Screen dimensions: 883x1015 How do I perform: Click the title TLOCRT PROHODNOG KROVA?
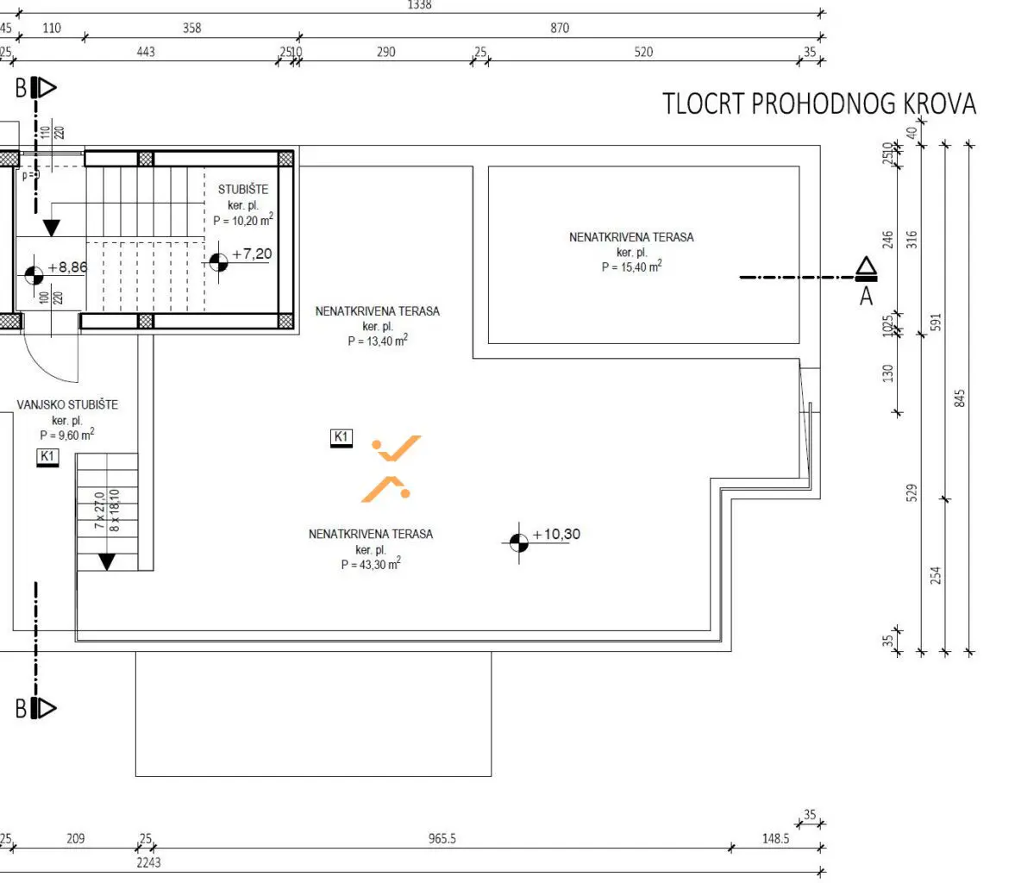click(x=818, y=103)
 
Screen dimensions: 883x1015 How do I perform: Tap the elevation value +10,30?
click(x=556, y=535)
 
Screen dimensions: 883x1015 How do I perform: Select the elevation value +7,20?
click(x=252, y=254)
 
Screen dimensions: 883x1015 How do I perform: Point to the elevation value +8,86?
click(x=67, y=268)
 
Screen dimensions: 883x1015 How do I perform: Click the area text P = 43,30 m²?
click(x=371, y=565)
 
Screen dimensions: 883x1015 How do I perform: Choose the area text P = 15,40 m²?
click(x=631, y=267)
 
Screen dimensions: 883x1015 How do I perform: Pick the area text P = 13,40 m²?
click(x=377, y=341)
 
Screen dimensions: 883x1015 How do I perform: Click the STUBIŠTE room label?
click(x=242, y=190)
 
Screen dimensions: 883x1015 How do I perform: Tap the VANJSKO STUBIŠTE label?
click(x=67, y=405)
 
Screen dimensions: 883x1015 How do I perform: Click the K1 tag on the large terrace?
click(x=341, y=438)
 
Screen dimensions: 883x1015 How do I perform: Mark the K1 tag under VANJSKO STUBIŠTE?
click(x=47, y=456)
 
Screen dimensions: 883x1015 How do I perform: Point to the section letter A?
click(x=867, y=297)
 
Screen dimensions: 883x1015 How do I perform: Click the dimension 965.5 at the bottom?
click(x=442, y=838)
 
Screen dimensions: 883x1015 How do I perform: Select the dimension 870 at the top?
click(x=560, y=28)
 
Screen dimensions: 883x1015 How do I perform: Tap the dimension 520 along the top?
click(x=643, y=52)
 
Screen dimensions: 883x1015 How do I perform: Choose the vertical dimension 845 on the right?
click(x=961, y=398)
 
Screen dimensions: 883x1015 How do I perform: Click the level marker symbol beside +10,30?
click(x=518, y=542)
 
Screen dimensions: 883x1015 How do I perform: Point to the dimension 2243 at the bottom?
click(x=147, y=861)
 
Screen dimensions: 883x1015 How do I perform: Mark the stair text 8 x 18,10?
click(x=115, y=509)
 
